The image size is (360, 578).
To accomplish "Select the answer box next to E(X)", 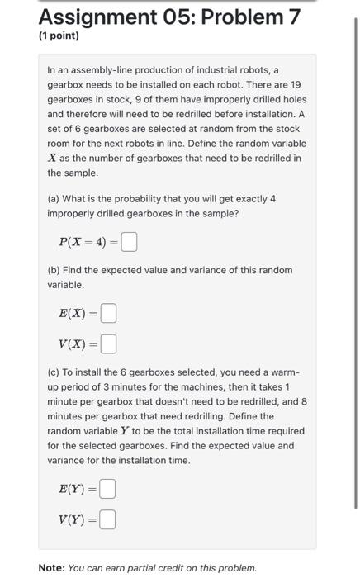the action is [x=109, y=314].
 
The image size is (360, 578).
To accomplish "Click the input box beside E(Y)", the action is [x=107, y=490].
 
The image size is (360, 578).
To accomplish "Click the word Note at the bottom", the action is [x=52, y=568].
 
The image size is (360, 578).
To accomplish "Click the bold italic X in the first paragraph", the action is [x=52, y=159].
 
